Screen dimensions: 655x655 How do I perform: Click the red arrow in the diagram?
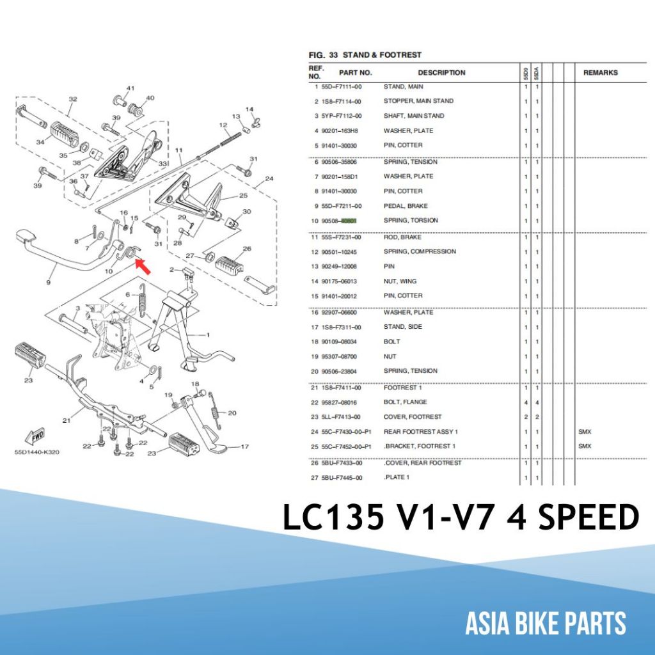(144, 265)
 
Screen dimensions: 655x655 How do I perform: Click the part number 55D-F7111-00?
(342, 86)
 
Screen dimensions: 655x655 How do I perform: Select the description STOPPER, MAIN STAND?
(418, 101)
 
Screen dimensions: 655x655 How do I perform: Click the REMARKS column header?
(600, 72)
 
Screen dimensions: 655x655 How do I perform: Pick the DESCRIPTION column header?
(441, 72)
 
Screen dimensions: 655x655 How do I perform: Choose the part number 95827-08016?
(342, 402)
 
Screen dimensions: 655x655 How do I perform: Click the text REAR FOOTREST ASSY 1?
(421, 432)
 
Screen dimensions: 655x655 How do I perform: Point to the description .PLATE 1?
(397, 477)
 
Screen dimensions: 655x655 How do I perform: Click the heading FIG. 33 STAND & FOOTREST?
(365, 55)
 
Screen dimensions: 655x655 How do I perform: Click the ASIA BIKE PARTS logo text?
(546, 623)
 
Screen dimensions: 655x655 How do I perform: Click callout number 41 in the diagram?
(130, 88)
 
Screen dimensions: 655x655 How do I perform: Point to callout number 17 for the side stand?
(244, 446)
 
